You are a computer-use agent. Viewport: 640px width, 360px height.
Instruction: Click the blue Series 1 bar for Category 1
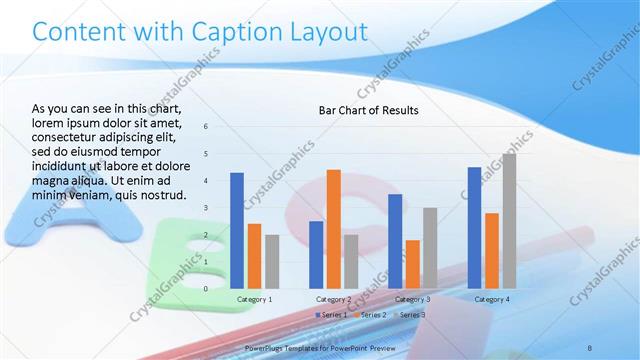pyautogui.click(x=237, y=230)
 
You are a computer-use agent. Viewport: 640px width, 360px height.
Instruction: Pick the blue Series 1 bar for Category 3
pyautogui.click(x=395, y=240)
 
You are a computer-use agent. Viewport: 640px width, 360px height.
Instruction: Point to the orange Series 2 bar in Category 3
pyautogui.click(x=412, y=264)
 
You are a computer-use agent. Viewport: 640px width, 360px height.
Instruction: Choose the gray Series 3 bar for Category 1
pyautogui.click(x=271, y=261)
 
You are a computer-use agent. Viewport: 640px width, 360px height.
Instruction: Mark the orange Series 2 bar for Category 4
pyautogui.click(x=491, y=250)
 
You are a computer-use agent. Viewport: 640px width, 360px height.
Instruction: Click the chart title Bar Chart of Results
pyautogui.click(x=369, y=110)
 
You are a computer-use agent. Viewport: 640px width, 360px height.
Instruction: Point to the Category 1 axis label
pyautogui.click(x=254, y=299)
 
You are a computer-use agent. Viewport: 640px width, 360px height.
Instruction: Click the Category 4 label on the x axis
pyautogui.click(x=491, y=299)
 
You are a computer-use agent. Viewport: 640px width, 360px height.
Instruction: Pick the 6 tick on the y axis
pyautogui.click(x=205, y=127)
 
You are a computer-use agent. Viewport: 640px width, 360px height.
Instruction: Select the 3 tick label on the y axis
pyautogui.click(x=205, y=208)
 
